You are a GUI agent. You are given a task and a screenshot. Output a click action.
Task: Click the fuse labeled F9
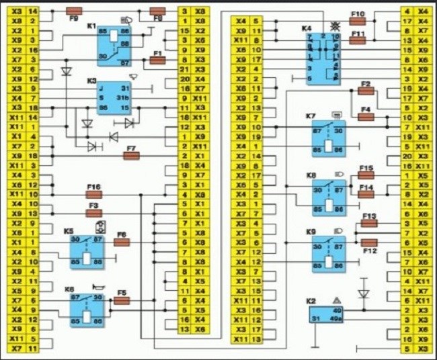tap(75, 11)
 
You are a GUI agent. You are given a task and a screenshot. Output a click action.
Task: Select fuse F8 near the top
tap(158, 11)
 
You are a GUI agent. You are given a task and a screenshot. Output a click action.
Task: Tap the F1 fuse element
tap(158, 60)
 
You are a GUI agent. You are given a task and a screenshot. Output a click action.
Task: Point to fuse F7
tap(131, 155)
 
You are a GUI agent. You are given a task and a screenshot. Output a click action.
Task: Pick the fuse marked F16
tap(93, 194)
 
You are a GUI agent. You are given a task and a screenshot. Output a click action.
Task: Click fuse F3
tap(93, 214)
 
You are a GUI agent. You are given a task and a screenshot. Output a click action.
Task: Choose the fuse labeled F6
tap(122, 242)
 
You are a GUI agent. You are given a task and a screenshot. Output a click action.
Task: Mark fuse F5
tap(122, 301)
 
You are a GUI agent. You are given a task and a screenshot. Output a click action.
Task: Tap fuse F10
tap(358, 21)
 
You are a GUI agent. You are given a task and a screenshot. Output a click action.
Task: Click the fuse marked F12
tap(370, 242)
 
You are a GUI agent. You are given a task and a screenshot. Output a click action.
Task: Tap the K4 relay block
tap(321, 58)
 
